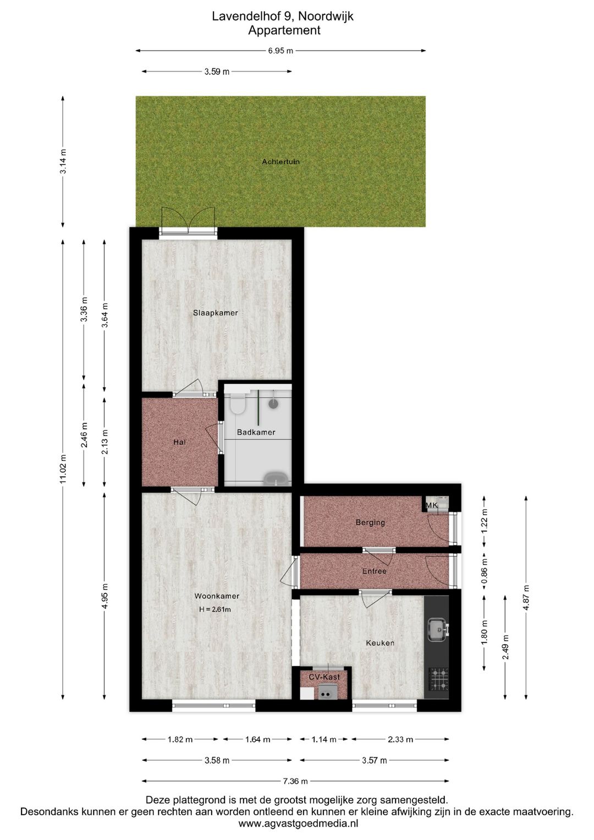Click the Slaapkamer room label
(216, 313)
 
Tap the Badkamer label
(256, 432)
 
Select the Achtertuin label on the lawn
(280, 161)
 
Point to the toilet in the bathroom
(238, 405)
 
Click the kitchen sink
(438, 630)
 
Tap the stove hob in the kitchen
(438, 678)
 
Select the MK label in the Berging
(432, 505)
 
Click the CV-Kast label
(324, 677)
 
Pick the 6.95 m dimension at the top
(280, 51)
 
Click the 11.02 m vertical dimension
(63, 469)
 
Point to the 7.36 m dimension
(295, 781)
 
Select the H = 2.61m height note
(215, 609)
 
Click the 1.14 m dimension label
(324, 739)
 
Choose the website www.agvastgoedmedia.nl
(298, 823)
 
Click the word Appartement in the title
(284, 30)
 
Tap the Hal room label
(179, 442)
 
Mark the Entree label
(374, 571)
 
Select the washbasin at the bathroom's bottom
(276, 478)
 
